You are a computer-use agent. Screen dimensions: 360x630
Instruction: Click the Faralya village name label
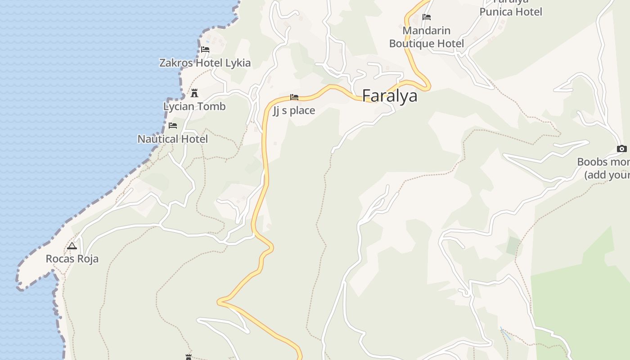point(390,96)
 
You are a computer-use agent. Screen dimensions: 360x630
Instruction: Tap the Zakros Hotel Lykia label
point(205,63)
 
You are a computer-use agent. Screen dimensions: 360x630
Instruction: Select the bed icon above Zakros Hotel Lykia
point(205,49)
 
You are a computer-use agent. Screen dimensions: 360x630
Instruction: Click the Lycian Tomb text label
point(194,107)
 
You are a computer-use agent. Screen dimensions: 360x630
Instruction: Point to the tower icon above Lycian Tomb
point(194,93)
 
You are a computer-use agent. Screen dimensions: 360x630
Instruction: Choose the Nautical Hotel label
point(173,139)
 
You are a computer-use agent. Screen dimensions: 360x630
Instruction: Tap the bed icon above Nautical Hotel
point(173,126)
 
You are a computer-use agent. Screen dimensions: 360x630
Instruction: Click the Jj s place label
point(294,111)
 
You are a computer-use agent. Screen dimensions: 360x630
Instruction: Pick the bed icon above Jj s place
point(294,97)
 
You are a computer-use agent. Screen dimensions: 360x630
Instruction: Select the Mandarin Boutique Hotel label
point(427,37)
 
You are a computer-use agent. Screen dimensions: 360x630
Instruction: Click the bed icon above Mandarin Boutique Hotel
point(427,17)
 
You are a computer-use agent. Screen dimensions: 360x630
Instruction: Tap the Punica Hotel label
point(511,11)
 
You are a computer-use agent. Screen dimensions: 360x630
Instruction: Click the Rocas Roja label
point(72,259)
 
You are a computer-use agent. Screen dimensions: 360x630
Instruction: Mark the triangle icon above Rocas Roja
point(72,246)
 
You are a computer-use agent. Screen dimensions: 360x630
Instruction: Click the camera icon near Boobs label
point(622,148)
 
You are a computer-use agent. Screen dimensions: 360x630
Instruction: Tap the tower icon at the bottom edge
point(189,357)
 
